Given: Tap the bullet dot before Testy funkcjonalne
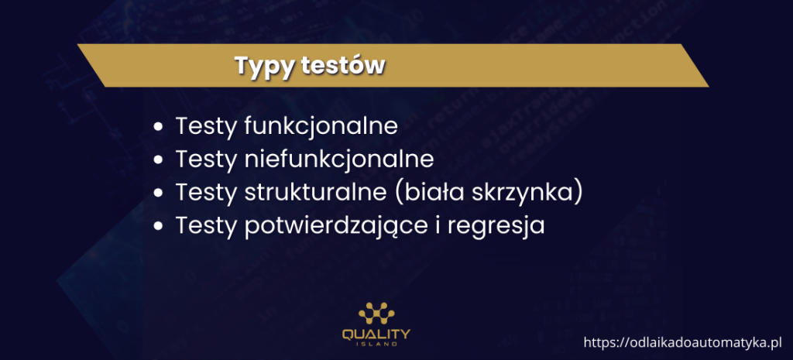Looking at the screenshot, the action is (x=159, y=127).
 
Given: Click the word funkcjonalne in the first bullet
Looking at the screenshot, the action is (x=321, y=126).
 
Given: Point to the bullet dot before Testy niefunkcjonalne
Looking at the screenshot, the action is (x=159, y=159).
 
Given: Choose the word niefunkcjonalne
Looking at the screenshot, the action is (x=339, y=159).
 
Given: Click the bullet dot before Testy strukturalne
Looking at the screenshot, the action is (x=159, y=193).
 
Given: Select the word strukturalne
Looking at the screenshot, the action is (x=315, y=192).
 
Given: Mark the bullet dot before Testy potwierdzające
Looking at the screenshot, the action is (x=159, y=225).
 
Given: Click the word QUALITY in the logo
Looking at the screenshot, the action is (x=376, y=334).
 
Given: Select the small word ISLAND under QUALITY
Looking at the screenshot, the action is (x=376, y=345).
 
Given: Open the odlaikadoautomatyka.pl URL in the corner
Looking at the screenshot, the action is (x=683, y=343).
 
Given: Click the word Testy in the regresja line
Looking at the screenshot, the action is (x=206, y=226).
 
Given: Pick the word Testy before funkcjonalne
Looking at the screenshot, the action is (x=206, y=127).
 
